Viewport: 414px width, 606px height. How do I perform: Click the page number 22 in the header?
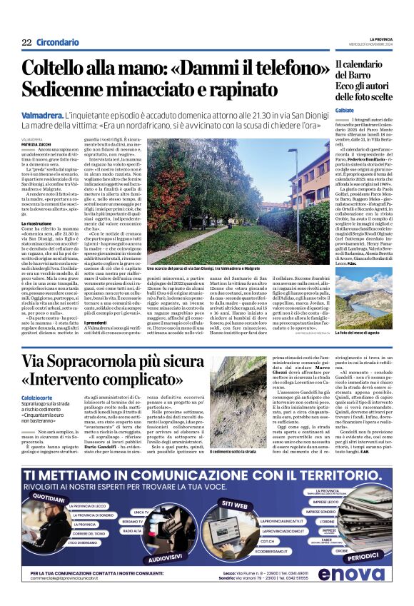[26, 42]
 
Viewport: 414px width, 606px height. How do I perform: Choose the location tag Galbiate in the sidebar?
[345, 111]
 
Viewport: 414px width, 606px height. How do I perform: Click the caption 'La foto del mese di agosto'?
[364, 333]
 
